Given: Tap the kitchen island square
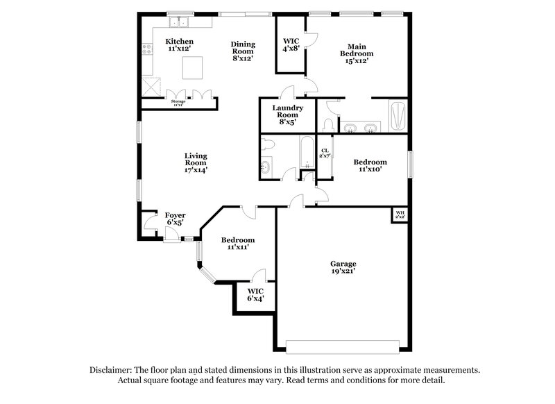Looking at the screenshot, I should [192, 67].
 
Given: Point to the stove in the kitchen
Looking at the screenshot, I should [146, 49].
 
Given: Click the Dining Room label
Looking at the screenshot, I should [243, 50].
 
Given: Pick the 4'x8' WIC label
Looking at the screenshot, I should [291, 44].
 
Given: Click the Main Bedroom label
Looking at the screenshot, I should [356, 53].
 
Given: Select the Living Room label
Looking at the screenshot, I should [196, 162].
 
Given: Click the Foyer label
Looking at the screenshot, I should [175, 219].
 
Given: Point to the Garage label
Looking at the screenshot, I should [343, 268].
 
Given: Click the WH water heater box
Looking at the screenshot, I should [400, 214].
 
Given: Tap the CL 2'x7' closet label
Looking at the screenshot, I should [325, 152].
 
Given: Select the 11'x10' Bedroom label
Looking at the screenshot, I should [370, 166].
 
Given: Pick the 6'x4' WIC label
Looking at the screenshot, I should [255, 294].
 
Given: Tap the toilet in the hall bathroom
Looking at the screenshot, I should [269, 144].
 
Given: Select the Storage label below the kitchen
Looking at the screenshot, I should [178, 103].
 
